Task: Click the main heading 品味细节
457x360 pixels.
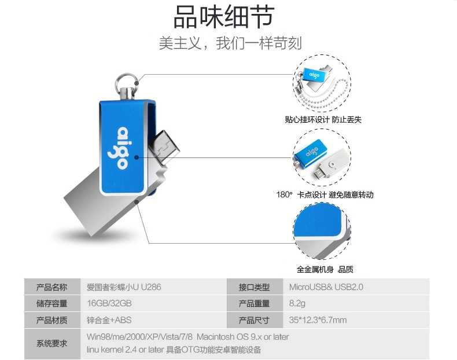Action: [x=224, y=17]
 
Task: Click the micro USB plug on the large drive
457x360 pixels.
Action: [x=164, y=145]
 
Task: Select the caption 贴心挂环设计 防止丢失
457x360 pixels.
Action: [x=323, y=119]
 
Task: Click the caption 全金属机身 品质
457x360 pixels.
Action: [x=325, y=269]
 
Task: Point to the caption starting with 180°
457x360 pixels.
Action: [x=325, y=194]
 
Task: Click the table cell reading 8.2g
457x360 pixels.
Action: [x=297, y=303]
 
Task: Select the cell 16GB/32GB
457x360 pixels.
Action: [x=109, y=303]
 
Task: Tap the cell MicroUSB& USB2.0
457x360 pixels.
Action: [x=326, y=287]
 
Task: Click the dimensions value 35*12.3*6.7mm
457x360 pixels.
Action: [x=318, y=320]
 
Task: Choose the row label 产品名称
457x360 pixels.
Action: [x=51, y=287]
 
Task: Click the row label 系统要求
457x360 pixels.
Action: [x=51, y=343]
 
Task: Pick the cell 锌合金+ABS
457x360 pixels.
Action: [x=109, y=320]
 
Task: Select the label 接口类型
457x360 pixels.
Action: [x=254, y=287]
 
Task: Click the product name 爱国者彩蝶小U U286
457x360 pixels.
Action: [x=124, y=287]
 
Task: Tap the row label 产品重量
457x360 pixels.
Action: [x=254, y=303]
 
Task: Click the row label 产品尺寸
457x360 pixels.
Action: [x=254, y=320]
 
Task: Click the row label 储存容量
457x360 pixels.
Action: [x=51, y=303]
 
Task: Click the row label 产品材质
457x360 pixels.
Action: [x=51, y=320]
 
